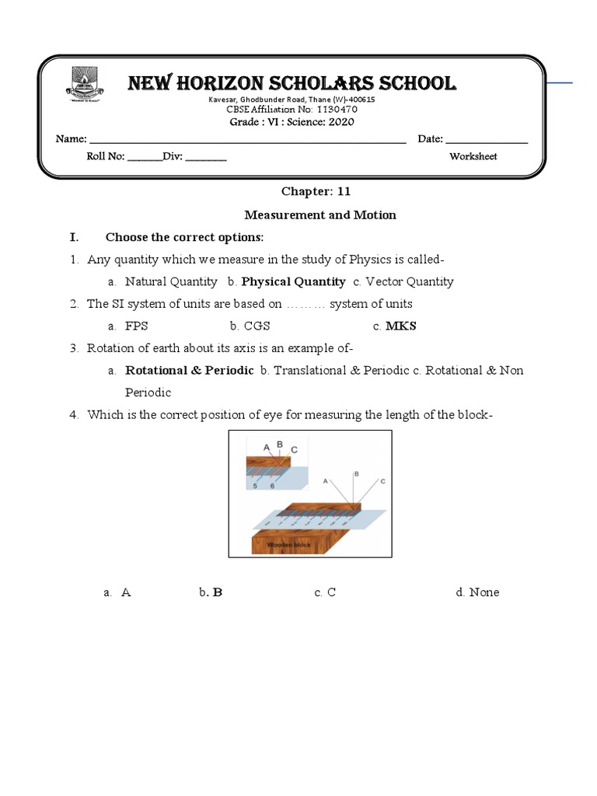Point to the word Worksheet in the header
click(x=473, y=156)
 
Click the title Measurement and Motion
click(x=320, y=215)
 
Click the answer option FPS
click(x=136, y=326)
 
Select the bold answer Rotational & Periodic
click(x=190, y=370)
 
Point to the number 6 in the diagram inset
click(x=272, y=486)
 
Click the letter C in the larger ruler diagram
click(x=382, y=482)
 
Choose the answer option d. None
click(x=477, y=592)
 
